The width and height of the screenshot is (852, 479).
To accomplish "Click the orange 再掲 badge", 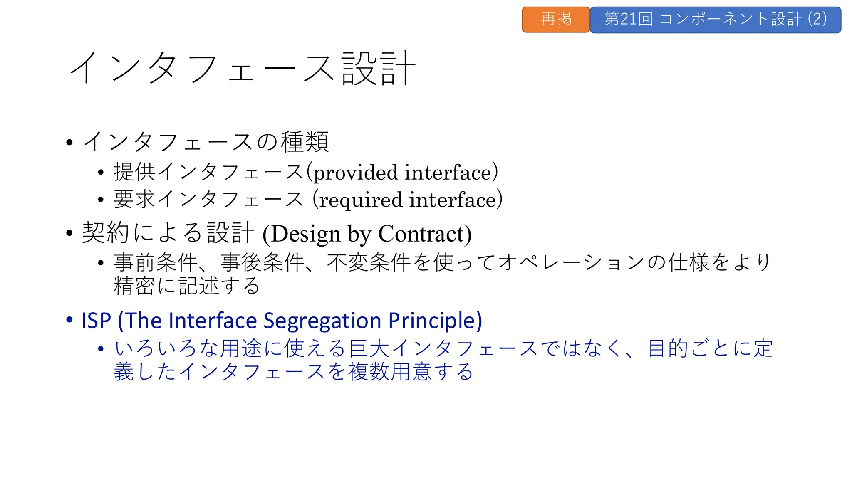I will [x=556, y=20].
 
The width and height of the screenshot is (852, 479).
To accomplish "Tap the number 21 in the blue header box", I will [x=628, y=19].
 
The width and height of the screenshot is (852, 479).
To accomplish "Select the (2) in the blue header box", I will [x=817, y=19].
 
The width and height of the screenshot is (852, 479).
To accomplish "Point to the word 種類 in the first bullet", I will [x=305, y=142].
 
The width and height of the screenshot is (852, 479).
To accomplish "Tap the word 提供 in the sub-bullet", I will [x=135, y=172].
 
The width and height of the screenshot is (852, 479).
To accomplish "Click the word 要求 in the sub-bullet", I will [x=135, y=200].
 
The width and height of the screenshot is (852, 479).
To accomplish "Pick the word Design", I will [x=306, y=234].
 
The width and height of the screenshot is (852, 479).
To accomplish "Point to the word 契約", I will [x=106, y=233].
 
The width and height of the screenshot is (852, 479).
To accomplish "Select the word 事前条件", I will [x=156, y=263].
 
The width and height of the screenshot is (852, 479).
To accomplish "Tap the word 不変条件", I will [x=369, y=263].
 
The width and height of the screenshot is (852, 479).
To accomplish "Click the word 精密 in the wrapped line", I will [x=135, y=286].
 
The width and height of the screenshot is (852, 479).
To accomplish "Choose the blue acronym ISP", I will [x=97, y=321].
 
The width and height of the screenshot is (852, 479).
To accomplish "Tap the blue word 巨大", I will [x=369, y=348].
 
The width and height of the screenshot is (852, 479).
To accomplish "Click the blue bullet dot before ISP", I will [x=69, y=320].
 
